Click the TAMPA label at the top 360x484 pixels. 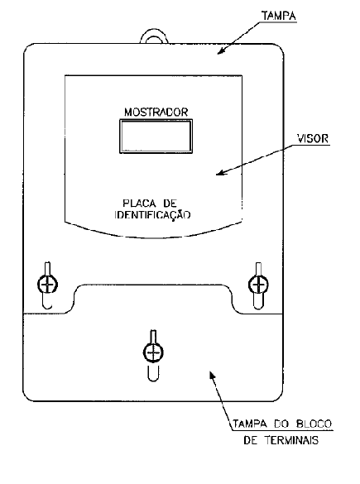tap(279, 16)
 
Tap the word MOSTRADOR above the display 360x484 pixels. tap(156, 112)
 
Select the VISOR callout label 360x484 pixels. tap(313, 139)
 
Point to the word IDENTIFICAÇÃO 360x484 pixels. tap(152, 215)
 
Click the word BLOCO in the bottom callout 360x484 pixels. tap(314, 424)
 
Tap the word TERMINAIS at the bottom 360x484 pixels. tap(291, 439)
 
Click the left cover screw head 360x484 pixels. tap(47, 284)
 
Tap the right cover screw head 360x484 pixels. tap(258, 284)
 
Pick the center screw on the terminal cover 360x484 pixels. tap(153, 352)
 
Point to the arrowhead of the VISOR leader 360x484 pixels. tap(221, 173)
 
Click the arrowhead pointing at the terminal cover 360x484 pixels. tap(213, 375)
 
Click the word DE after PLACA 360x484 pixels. tap(170, 203)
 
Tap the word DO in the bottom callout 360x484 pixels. tap(281, 424)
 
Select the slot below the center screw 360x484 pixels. tap(153, 373)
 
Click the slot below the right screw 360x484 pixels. tap(258, 301)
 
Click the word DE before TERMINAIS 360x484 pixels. tap(251, 439)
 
